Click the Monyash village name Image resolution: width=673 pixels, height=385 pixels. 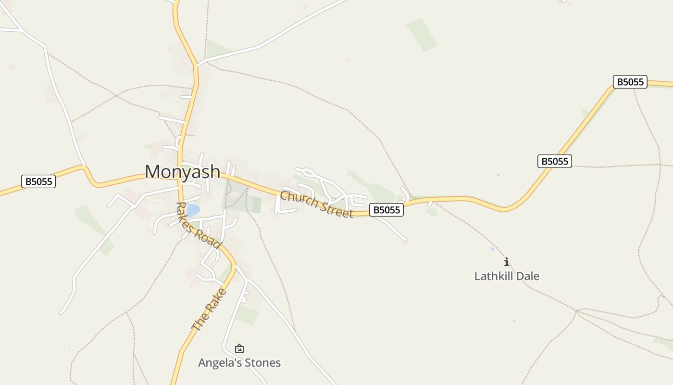pos(183,172)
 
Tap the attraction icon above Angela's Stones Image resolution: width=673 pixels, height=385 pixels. pos(239,348)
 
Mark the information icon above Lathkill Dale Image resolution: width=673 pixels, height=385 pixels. pos(506,262)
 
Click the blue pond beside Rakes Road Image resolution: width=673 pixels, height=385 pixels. pos(193,210)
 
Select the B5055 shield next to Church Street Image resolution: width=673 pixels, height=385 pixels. pos(386,210)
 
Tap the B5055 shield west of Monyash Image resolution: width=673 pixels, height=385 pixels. pos(38,181)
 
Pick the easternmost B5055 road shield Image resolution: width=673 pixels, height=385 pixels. pos(630,82)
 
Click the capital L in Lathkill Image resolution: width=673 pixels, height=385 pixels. pos(477,276)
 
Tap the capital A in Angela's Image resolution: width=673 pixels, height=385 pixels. pos(202,363)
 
